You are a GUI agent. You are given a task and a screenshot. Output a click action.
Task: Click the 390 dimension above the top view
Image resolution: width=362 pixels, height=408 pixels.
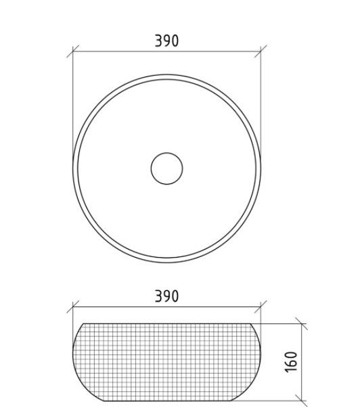pos(166,41)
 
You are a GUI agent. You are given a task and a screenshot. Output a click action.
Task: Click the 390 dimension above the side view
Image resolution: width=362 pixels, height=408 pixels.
pos(166,296)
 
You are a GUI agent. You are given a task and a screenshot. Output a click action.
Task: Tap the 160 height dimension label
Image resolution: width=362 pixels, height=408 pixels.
pos(292,362)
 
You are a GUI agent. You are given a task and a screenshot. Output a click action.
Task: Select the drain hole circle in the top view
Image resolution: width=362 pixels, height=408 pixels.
pos(167,168)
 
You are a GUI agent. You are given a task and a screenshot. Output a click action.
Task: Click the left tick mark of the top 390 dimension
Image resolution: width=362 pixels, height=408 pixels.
pos(73,51)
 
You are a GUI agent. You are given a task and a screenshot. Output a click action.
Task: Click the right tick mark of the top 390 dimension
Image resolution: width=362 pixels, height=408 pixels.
pos(261,51)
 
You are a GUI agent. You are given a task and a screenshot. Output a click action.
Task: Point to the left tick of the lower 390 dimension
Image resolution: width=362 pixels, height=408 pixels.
pos(73,307)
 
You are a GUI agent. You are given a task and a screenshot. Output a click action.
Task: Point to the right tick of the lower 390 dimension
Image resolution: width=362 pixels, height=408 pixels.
pos(261,307)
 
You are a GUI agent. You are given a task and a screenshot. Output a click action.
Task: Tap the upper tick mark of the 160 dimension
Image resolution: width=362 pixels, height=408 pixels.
pos(302,324)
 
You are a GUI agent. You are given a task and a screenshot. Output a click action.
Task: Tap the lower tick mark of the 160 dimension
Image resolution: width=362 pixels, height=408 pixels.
pos(302,401)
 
